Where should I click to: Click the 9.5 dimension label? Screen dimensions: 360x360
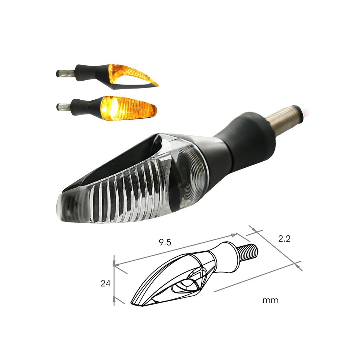165,242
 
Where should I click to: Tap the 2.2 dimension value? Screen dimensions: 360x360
284,239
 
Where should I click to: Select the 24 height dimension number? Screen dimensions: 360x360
105,283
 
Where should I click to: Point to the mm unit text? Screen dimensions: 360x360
270,300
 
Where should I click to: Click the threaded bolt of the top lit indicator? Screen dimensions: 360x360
65,73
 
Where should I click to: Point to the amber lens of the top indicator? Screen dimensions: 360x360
129,73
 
